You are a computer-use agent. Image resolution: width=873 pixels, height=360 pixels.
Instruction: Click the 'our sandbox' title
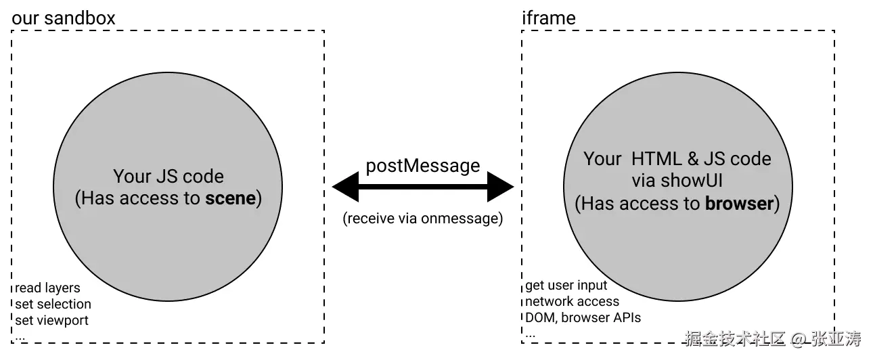point(64,18)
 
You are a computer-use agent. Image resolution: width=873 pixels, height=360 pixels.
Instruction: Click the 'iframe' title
point(549,18)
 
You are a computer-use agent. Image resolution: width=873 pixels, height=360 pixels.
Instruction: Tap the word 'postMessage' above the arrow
point(423,166)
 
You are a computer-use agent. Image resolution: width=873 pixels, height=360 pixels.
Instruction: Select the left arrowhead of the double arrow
point(345,187)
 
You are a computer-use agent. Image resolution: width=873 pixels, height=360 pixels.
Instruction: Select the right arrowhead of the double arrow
point(500,187)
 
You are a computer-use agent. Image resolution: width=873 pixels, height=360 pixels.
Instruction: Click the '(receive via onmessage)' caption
point(423,219)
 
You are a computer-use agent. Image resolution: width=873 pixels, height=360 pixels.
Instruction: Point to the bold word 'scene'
point(231,198)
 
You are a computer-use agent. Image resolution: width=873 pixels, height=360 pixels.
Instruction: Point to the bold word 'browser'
point(739,204)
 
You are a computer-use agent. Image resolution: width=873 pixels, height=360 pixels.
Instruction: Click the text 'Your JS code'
point(169,177)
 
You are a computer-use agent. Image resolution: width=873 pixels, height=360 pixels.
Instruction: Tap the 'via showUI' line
point(677,181)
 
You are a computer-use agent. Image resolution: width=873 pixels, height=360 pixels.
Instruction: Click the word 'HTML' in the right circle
point(656,159)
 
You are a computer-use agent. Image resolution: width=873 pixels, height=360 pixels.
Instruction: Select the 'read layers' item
point(47,288)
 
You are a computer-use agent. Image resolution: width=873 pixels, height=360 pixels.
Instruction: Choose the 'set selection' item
point(53,305)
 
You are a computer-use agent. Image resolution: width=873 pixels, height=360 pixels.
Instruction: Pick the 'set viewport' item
point(52,321)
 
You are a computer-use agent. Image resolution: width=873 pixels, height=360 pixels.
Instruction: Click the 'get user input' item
point(566,286)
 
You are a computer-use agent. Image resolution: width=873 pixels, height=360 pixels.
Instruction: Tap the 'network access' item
point(572,302)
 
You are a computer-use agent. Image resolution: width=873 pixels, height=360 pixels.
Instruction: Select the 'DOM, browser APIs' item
point(583,318)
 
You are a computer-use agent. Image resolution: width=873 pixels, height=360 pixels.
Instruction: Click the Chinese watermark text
point(773,338)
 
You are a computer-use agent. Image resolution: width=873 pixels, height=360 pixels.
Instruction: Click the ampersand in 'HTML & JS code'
point(693,159)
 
